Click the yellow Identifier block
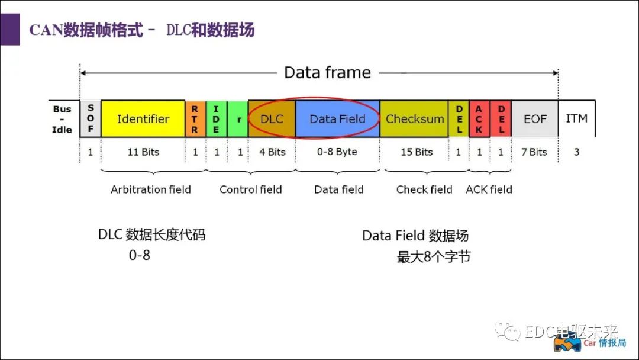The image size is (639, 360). pos(143,118)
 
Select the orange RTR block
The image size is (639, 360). pos(196,118)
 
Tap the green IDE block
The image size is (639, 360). pos(217,118)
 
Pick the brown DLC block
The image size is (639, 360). pos(272,118)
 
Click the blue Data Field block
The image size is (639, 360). pos(337,118)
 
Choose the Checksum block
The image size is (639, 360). pos(414,118)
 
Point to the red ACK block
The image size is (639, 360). pos(479,118)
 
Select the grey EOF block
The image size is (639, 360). pos(535,118)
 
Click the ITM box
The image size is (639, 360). pos(577,118)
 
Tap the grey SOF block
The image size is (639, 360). pos(91,118)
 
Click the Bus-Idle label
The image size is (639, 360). pos(62,119)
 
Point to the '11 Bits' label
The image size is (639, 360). pos(143,152)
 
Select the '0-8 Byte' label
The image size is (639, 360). pos(337,152)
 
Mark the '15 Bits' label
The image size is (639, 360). pos(417,152)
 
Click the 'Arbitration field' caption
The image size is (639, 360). pos(151,189)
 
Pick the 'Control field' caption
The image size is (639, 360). pos(251,189)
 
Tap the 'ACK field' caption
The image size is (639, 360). pos(489,189)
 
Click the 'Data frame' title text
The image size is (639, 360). pos(328,73)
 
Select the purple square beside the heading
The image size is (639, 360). pos(10,30)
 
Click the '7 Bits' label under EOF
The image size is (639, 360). pos(534,152)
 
